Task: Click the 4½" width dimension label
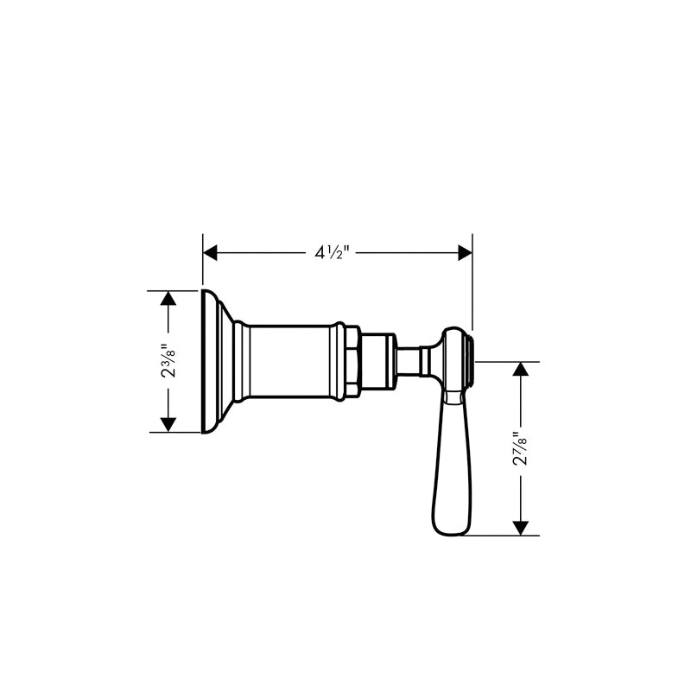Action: point(332,253)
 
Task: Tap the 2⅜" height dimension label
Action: point(168,360)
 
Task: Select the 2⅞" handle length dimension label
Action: point(521,448)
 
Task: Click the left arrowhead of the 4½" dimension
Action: point(210,253)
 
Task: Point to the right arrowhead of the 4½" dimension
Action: point(466,253)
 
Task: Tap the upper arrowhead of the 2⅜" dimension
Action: point(168,298)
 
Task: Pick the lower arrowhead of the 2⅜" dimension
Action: point(168,425)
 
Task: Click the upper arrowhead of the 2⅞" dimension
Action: point(521,369)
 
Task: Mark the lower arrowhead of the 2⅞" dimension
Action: point(521,529)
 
